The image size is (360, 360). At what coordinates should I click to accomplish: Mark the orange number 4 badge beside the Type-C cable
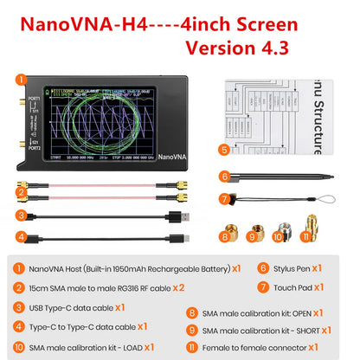click(20, 235)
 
